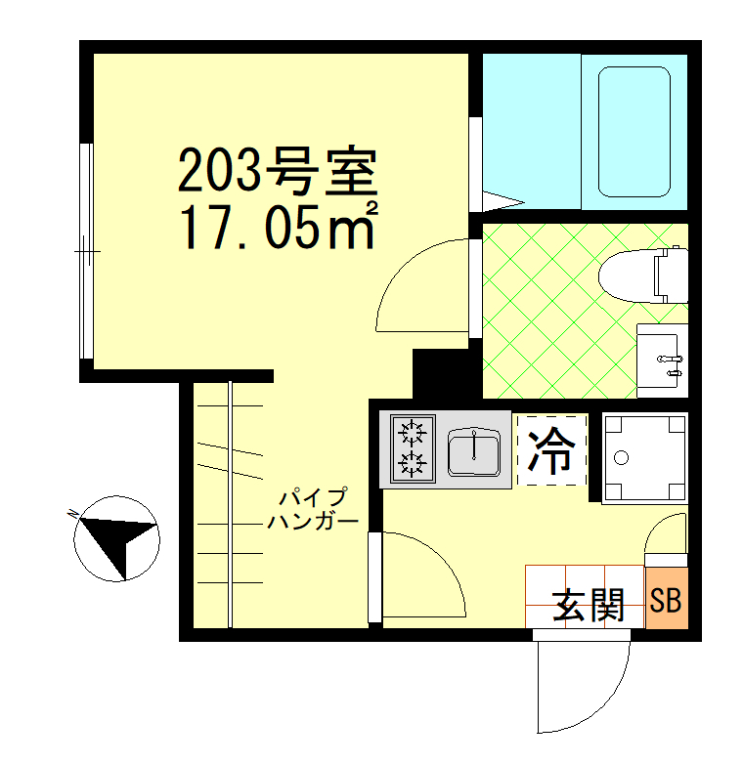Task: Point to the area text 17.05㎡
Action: pyautogui.click(x=277, y=227)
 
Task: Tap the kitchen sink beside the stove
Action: pyautogui.click(x=473, y=450)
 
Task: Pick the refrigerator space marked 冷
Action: pyautogui.click(x=551, y=450)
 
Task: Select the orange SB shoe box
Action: pyautogui.click(x=666, y=599)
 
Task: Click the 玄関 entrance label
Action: pyautogui.click(x=589, y=606)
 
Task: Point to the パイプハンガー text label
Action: pyautogui.click(x=312, y=508)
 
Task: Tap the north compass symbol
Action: pyautogui.click(x=117, y=536)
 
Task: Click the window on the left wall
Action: pyautogui.click(x=86, y=251)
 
